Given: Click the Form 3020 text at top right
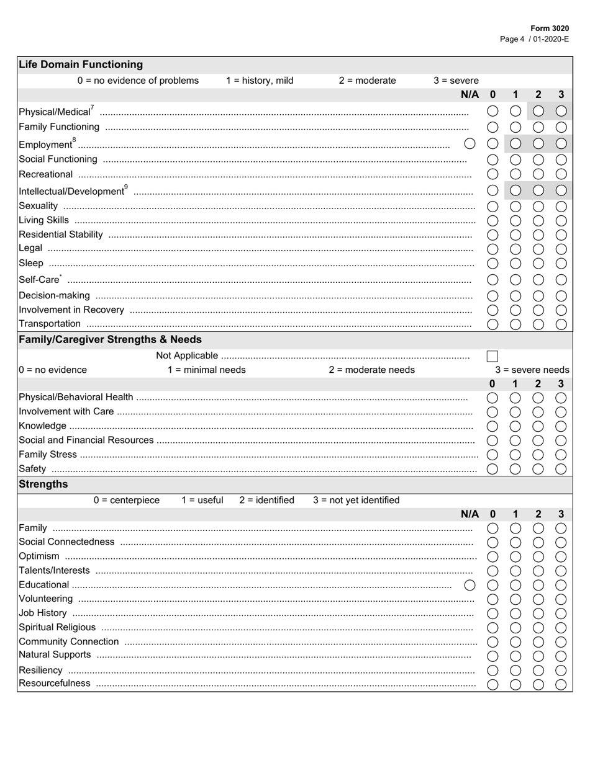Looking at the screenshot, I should (549, 29).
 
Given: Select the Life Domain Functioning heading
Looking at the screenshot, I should (81, 65).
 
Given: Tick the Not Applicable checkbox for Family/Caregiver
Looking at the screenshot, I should (492, 356).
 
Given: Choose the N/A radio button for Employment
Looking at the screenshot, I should (470, 144).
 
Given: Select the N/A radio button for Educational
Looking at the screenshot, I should (470, 585).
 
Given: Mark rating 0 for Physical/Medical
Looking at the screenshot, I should (492, 111).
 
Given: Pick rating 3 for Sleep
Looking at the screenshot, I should (561, 264).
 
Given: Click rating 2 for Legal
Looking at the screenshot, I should (538, 249).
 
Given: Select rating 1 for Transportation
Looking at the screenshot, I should (515, 324).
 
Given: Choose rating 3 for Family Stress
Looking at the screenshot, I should (561, 455).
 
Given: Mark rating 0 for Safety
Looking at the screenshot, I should (492, 469).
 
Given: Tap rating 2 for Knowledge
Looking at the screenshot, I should (538, 426).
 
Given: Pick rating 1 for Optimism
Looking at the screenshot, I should (515, 556).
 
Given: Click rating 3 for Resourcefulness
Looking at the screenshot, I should (561, 684).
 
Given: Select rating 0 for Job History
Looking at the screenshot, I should (492, 614).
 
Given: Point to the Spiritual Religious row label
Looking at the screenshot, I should (57, 627).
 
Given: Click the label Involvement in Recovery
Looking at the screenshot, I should (71, 310).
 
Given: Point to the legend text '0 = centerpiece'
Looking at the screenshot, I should (126, 500).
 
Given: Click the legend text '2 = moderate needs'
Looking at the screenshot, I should (371, 370).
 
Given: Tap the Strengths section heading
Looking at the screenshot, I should (43, 484).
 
